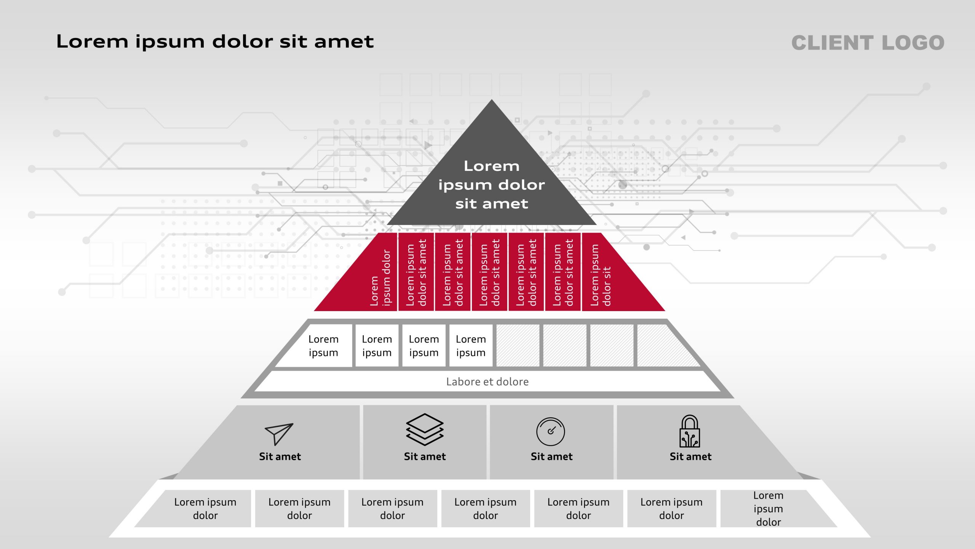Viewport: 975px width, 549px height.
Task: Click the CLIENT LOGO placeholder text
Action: [x=868, y=43]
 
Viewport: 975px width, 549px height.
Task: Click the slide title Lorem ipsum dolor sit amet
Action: [x=215, y=42]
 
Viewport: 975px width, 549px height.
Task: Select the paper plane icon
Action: [x=279, y=434]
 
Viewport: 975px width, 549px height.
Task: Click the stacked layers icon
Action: [x=425, y=430]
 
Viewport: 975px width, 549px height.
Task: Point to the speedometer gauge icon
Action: [x=551, y=432]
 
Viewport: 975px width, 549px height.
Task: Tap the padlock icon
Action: [x=690, y=431]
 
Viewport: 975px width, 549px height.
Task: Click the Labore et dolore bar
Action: [x=487, y=382]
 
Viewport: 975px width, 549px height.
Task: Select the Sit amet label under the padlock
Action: [x=690, y=456]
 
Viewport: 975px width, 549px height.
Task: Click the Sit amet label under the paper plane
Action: [x=280, y=456]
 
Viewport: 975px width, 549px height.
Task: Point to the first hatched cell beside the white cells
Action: [x=518, y=346]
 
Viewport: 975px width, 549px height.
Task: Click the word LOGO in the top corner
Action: [x=913, y=43]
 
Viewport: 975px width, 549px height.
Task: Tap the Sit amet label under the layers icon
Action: [x=425, y=456]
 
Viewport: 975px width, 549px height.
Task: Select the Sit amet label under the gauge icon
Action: [x=551, y=456]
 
